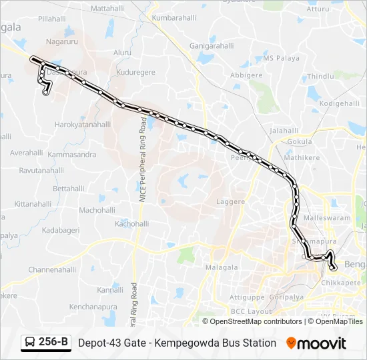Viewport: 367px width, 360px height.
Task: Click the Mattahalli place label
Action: tap(107, 9)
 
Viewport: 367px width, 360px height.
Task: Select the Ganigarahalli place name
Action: tap(212, 46)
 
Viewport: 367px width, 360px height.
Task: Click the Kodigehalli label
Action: tap(340, 104)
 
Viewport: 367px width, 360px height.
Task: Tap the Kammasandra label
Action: tap(72, 155)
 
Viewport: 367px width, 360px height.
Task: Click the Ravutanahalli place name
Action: tap(41, 171)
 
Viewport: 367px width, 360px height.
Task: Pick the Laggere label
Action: tap(231, 201)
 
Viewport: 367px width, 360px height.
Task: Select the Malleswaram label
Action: tap(326, 217)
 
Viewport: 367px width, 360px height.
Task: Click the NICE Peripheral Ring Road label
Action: tap(142, 161)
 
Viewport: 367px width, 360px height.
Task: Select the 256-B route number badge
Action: tap(53, 343)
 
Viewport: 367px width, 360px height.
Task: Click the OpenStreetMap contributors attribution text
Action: tap(256, 321)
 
